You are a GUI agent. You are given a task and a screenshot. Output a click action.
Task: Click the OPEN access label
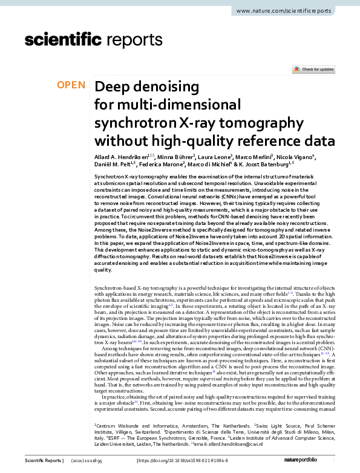click(71, 85)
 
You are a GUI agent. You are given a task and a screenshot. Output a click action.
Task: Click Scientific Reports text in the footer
click(42, 461)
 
